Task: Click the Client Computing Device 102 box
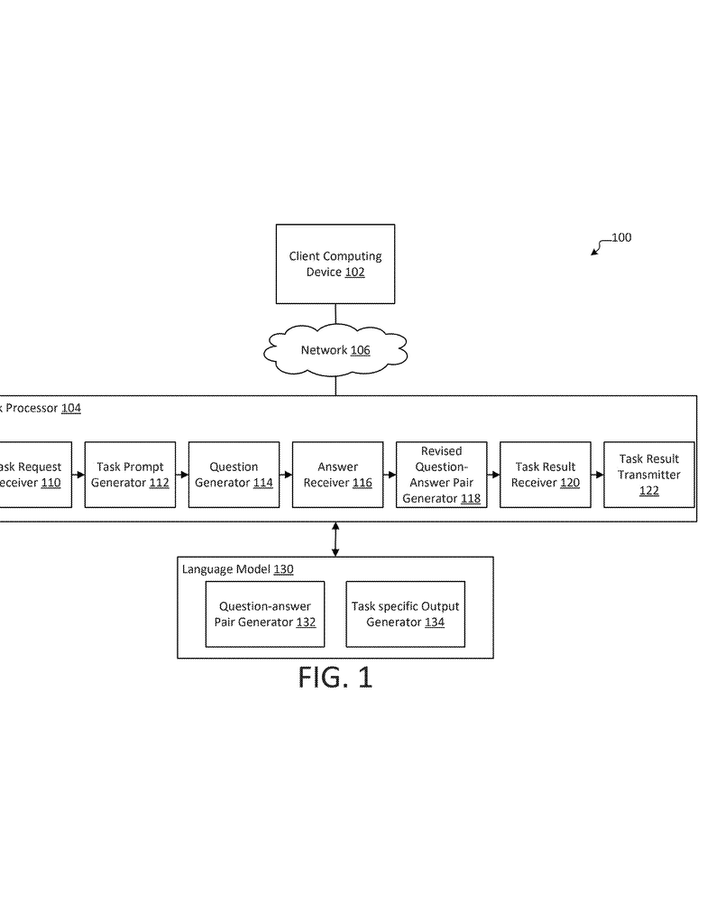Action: [x=335, y=263]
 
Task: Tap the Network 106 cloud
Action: [x=335, y=350]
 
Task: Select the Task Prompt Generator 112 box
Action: [x=130, y=475]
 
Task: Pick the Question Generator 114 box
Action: [x=234, y=475]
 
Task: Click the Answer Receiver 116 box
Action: [x=337, y=475]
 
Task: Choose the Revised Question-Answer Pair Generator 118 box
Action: [x=441, y=475]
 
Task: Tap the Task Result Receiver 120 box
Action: [x=546, y=475]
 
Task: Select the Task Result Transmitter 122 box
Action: [x=649, y=475]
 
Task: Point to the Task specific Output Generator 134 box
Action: [x=405, y=614]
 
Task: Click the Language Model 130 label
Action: [x=237, y=569]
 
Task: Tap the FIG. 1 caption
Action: [x=335, y=677]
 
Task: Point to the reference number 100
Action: [x=621, y=238]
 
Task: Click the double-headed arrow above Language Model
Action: [x=335, y=539]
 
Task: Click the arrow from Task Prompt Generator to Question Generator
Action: [x=181, y=475]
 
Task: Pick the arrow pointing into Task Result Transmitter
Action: [x=597, y=475]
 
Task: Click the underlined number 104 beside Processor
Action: [x=70, y=408]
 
